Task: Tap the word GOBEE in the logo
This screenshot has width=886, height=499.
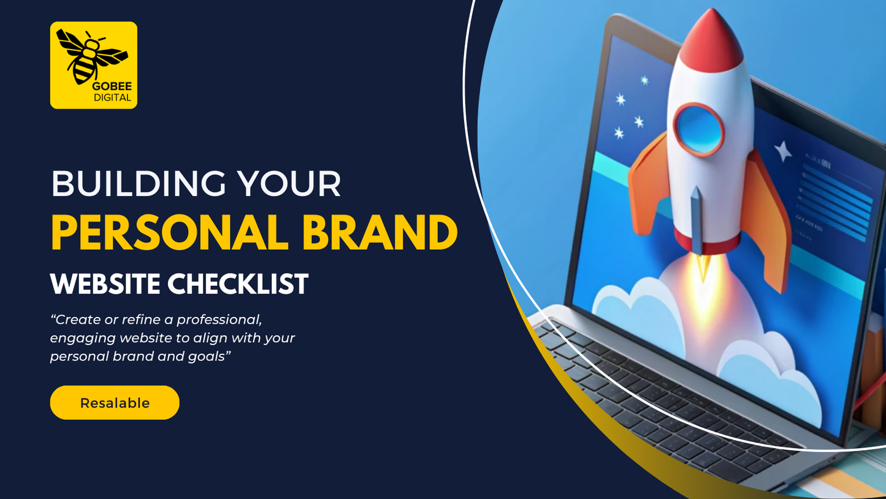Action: pyautogui.click(x=112, y=86)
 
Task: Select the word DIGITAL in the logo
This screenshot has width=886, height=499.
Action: pyautogui.click(x=112, y=97)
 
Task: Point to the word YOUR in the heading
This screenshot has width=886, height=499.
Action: pyautogui.click(x=289, y=183)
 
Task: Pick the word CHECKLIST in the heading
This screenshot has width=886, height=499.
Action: pyautogui.click(x=238, y=283)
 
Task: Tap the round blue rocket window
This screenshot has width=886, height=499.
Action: pyautogui.click(x=699, y=129)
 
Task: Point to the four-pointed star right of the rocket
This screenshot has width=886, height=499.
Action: pyautogui.click(x=783, y=151)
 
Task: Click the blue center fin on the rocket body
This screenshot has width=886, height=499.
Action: pyautogui.click(x=697, y=221)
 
